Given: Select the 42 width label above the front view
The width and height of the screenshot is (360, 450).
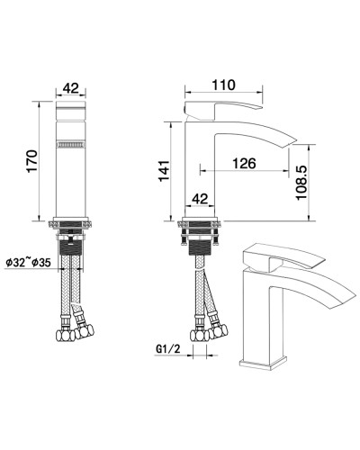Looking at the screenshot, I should click(71, 88).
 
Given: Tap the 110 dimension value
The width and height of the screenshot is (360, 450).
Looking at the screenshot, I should click(224, 85).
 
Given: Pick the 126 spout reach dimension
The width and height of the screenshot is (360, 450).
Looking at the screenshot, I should click(242, 164).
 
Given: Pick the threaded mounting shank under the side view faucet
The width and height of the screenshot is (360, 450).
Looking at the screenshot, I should click(201, 243).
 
